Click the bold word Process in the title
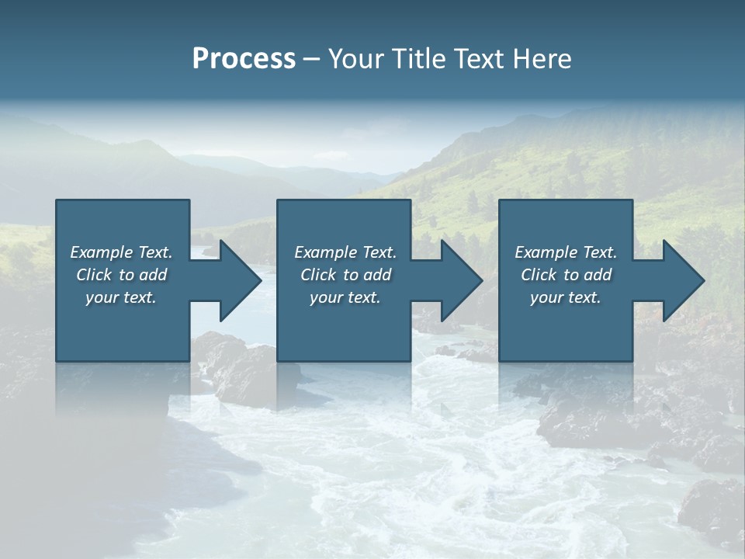point(244,59)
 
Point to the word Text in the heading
point(479,59)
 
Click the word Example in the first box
point(102,252)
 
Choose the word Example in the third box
point(546,252)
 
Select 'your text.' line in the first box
point(121,297)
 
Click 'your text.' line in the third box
point(566,297)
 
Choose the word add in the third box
point(598,275)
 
